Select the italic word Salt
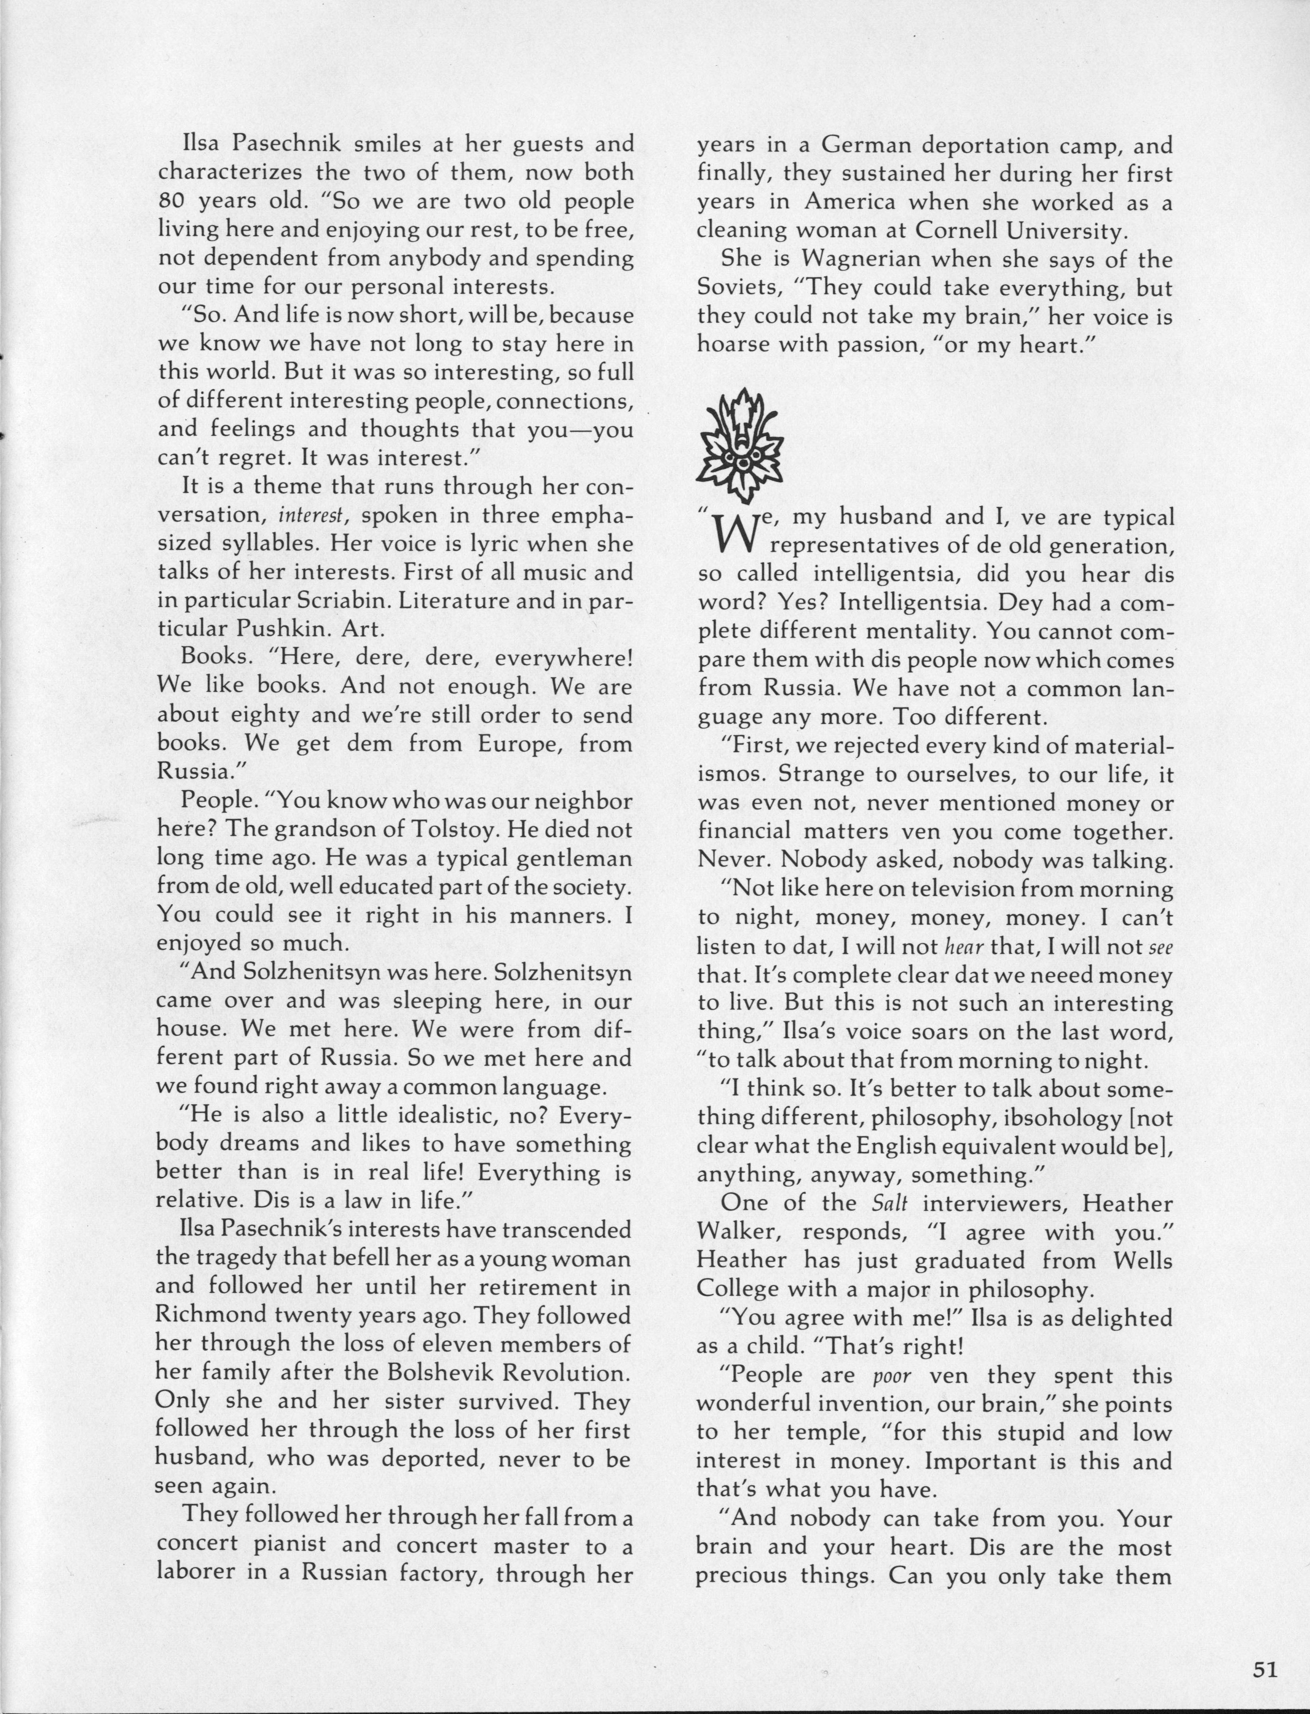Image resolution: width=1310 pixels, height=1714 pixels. point(889,1203)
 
